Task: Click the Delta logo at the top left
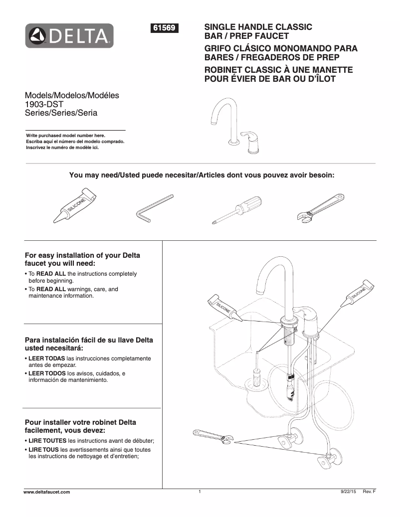click(x=69, y=36)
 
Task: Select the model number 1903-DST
click(x=43, y=104)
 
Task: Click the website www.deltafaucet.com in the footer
click(x=47, y=492)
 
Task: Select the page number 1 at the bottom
click(x=200, y=492)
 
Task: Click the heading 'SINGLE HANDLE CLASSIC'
click(x=258, y=27)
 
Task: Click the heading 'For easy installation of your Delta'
click(x=82, y=255)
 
